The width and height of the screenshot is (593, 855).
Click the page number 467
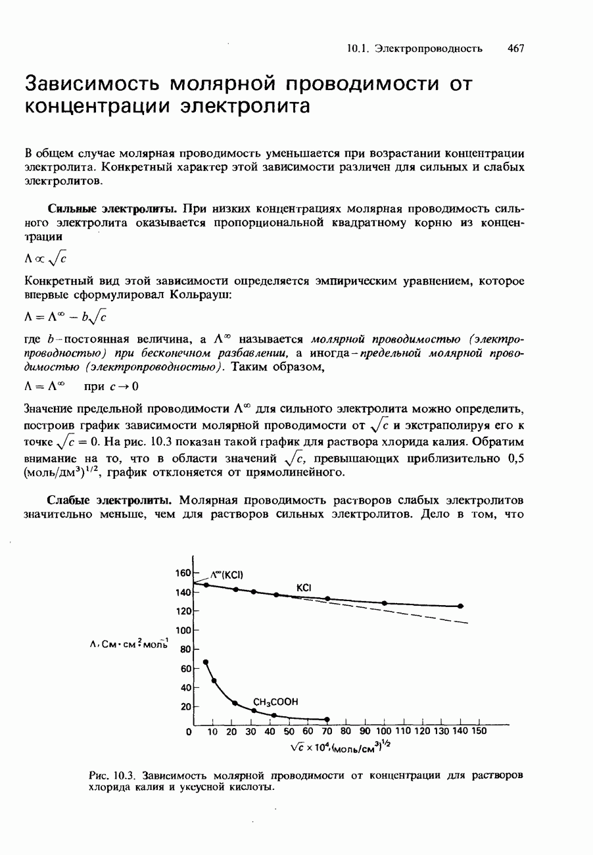click(515, 48)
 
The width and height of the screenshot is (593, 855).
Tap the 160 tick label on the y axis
click(183, 574)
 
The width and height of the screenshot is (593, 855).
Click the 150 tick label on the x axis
click(479, 731)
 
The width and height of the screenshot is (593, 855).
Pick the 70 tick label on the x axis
click(327, 731)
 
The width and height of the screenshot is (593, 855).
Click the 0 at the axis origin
click(189, 731)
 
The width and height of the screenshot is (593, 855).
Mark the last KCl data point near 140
click(460, 606)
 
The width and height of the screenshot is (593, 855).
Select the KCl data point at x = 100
click(384, 603)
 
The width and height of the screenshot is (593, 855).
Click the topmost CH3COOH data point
click(205, 662)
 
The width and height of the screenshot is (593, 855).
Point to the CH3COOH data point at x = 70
click(327, 719)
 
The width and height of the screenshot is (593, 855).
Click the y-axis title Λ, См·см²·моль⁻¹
click(130, 646)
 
